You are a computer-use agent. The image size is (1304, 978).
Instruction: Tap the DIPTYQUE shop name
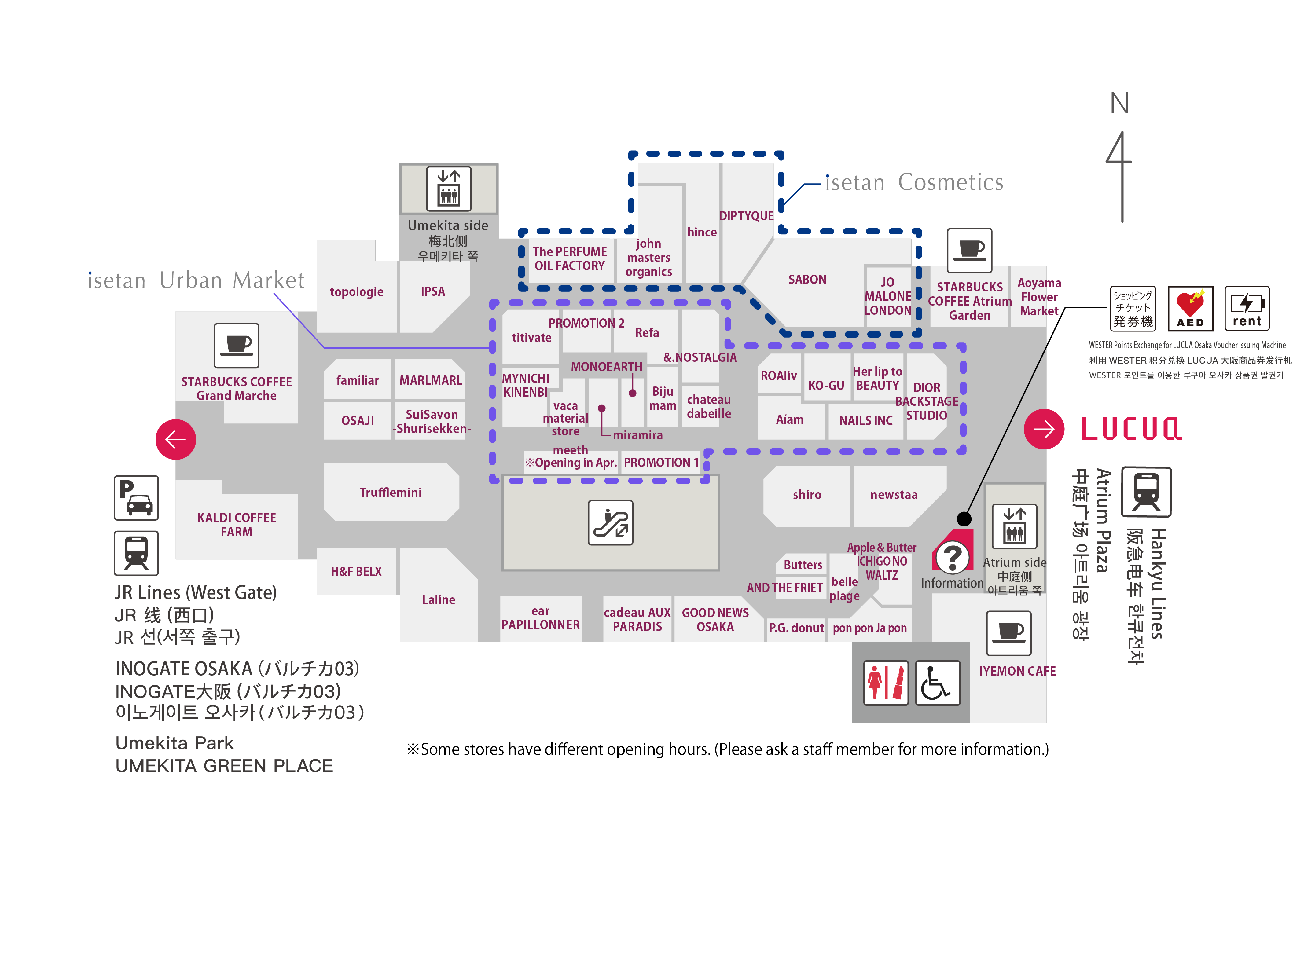(x=746, y=216)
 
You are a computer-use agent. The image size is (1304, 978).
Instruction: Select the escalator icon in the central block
(x=610, y=522)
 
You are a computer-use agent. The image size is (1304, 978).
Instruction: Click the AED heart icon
(x=1190, y=308)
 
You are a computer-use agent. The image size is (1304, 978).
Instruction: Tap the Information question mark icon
(x=952, y=556)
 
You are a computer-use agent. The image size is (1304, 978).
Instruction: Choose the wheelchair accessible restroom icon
(x=937, y=683)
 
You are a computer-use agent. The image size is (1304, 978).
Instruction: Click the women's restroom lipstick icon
(x=885, y=683)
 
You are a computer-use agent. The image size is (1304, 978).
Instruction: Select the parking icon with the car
(x=136, y=497)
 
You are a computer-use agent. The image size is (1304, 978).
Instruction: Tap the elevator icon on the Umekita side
(x=449, y=189)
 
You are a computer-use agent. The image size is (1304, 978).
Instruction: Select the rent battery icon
(x=1246, y=308)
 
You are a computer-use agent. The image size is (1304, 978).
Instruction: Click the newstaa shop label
(x=894, y=495)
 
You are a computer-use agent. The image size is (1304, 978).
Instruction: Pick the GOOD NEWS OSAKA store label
(x=715, y=620)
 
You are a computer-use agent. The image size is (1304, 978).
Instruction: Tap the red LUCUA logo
(x=1131, y=429)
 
